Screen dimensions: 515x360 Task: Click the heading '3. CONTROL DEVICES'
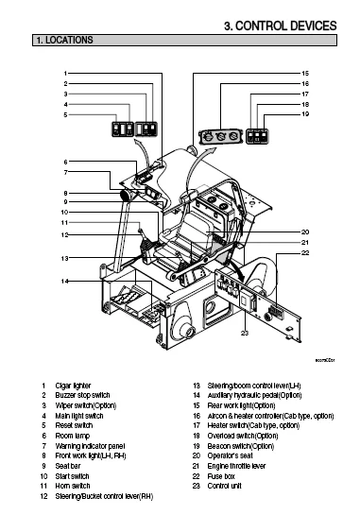pyautogui.click(x=279, y=25)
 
